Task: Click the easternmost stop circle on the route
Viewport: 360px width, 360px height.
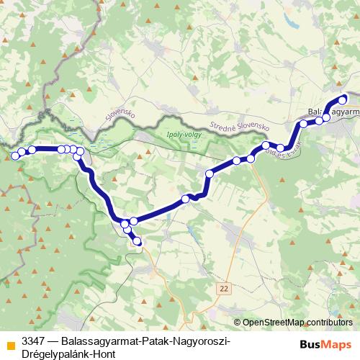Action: point(343,99)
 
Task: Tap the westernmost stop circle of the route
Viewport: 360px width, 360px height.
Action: point(15,155)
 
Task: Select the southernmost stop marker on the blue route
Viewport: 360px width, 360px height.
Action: point(138,243)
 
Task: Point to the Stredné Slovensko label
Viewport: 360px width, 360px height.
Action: point(239,127)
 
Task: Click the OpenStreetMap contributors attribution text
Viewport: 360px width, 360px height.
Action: point(297,322)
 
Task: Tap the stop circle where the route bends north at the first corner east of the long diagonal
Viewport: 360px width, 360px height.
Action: point(210,174)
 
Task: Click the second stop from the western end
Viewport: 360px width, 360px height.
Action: point(22,152)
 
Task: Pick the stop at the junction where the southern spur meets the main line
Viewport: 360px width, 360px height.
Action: point(125,223)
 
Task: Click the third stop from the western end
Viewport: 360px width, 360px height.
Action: point(32,150)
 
